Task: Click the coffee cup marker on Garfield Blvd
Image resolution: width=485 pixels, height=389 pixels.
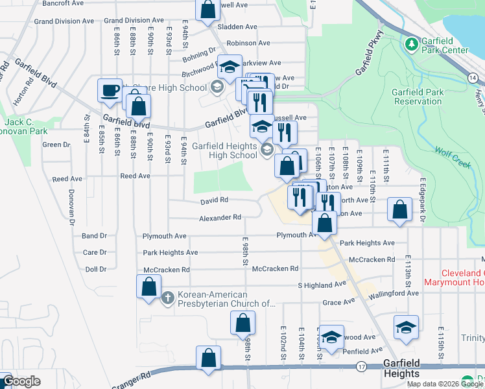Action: [110, 89]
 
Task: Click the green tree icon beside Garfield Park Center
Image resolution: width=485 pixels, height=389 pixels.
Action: [410, 44]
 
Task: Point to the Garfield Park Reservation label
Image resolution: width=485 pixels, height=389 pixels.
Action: [418, 97]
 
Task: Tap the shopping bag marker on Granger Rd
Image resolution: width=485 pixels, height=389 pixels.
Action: [209, 357]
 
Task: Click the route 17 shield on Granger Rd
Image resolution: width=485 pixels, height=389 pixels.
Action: [361, 367]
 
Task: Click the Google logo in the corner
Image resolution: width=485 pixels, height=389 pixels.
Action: [21, 381]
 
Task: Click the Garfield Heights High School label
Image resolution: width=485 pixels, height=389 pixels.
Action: [224, 150]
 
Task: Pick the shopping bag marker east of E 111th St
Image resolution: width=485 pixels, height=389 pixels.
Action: [400, 209]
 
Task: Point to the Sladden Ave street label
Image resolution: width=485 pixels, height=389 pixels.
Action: [237, 27]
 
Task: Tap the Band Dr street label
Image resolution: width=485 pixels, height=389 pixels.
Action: [94, 236]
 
